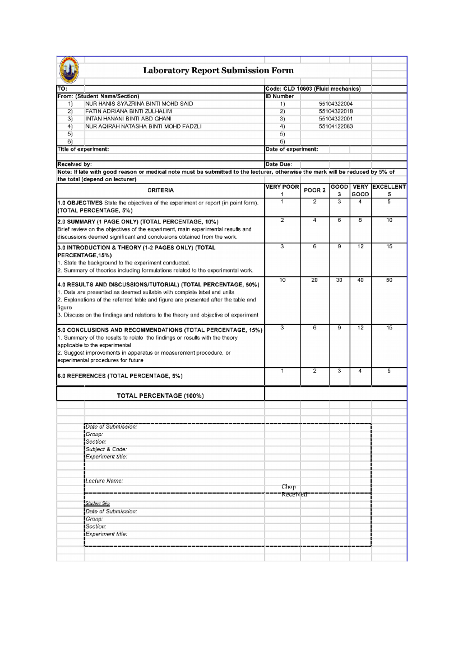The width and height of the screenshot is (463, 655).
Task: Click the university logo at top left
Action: click(69, 70)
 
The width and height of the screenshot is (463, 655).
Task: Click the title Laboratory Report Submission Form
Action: click(218, 71)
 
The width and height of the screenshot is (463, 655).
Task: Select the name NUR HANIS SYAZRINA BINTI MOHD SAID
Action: click(139, 104)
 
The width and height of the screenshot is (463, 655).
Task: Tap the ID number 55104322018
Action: click(336, 111)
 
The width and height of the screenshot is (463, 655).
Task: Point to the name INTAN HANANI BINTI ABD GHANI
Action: click(128, 119)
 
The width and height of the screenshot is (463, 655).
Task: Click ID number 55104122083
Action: click(336, 127)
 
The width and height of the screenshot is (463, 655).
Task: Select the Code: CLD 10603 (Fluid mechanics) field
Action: click(313, 89)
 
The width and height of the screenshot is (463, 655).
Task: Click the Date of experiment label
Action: click(292, 149)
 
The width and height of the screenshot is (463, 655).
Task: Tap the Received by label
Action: click(74, 164)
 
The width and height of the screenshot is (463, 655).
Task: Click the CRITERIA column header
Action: click(161, 191)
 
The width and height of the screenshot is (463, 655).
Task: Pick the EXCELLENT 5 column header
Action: click(389, 191)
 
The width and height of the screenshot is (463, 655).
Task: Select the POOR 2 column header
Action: click(314, 191)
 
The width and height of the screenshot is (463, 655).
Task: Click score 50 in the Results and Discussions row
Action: click(389, 280)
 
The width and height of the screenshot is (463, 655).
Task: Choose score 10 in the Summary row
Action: click(389, 220)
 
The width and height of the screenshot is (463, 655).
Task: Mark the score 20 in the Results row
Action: click(314, 280)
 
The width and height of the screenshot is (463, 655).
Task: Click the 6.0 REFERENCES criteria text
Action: click(120, 376)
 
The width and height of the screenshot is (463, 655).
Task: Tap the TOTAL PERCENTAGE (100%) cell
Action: click(160, 396)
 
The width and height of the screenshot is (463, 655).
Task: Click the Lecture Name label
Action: click(104, 481)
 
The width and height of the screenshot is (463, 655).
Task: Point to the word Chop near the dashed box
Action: click(289, 487)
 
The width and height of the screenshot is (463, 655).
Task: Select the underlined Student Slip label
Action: click(98, 503)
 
